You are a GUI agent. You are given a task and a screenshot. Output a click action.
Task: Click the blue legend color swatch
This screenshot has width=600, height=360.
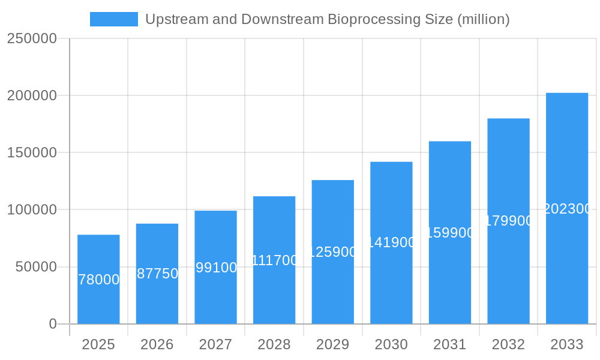[113, 19]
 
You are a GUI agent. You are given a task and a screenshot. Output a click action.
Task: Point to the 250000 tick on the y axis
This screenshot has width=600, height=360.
[32, 38]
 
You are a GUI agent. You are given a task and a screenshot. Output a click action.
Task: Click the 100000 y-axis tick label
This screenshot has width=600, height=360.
[32, 210]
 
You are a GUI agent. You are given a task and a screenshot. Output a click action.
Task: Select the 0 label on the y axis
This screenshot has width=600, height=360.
[52, 324]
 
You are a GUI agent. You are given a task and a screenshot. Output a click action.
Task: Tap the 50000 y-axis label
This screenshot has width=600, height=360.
[36, 267]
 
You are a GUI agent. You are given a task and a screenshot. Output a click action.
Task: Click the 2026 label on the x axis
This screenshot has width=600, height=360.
[157, 344]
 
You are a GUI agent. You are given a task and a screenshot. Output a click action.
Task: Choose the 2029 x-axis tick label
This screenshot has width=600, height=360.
[333, 344]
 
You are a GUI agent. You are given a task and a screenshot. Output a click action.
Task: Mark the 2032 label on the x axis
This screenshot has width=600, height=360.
[508, 344]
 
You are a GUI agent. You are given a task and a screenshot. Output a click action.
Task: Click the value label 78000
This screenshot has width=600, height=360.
[99, 280]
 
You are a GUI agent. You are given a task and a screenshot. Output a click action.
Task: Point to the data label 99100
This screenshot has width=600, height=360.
[216, 268]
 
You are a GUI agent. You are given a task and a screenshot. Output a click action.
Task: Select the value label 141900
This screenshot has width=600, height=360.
[391, 242]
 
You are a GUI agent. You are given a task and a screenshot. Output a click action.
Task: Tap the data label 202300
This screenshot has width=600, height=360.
[567, 209]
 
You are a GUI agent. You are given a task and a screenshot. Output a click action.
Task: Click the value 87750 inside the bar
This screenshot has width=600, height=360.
[157, 274]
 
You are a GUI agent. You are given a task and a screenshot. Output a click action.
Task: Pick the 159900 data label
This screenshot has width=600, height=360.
[450, 233]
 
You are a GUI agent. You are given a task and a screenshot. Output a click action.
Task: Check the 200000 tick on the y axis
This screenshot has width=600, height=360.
[32, 95]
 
